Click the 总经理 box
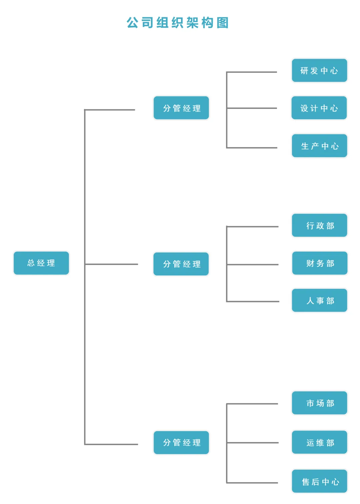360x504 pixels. point(41,263)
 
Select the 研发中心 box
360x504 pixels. point(319,70)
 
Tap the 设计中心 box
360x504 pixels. point(319,108)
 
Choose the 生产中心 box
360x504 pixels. point(319,146)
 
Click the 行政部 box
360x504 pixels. point(319,225)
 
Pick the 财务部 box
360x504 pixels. point(320,263)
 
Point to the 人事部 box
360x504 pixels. point(319,301)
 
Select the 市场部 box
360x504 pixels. point(319,403)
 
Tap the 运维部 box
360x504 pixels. point(319,442)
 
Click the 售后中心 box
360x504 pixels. point(319,481)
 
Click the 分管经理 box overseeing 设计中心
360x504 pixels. point(181,108)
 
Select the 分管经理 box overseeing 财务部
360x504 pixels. point(181,264)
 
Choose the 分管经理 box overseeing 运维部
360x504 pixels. point(181,443)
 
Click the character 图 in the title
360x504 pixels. point(222,23)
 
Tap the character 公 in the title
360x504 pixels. point(132,23)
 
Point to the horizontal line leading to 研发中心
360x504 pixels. point(252,72)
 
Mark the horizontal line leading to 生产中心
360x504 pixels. point(252,147)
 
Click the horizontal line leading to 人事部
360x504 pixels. point(253,302)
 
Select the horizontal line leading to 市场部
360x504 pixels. point(252,404)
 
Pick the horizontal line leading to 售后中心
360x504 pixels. point(252,483)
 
